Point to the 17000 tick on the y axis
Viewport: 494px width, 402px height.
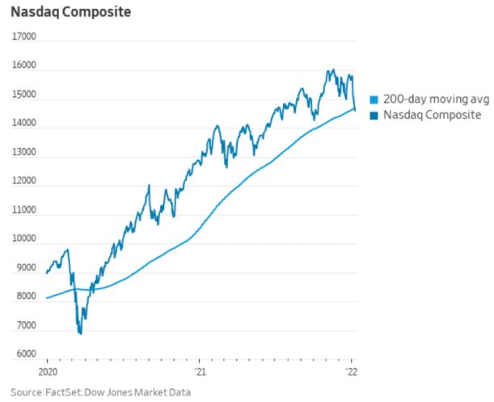point(24,37)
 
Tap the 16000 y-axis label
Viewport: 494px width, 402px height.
point(24,66)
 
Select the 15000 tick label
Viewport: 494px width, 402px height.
point(24,95)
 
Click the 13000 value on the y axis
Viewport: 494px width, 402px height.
point(24,153)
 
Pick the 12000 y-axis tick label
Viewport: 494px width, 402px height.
point(24,182)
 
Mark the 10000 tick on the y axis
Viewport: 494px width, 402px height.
point(24,239)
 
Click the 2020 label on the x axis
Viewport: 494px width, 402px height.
point(47,373)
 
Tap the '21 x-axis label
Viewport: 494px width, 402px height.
point(200,373)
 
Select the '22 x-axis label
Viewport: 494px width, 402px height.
point(352,373)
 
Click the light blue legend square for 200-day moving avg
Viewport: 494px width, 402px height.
point(373,99)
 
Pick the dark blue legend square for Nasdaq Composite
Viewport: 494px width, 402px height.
point(373,116)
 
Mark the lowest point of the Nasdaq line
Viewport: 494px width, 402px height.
point(80,332)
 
